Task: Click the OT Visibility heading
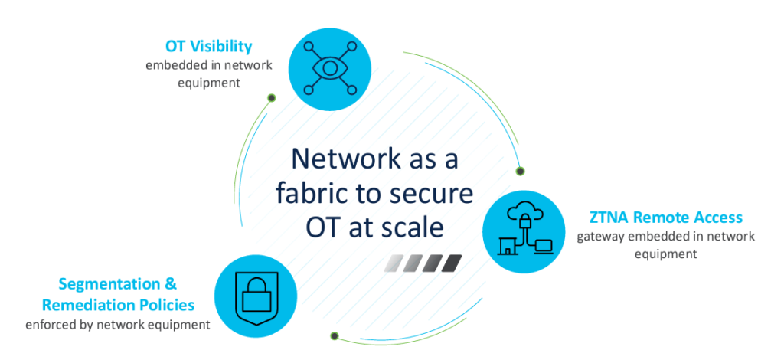click(x=209, y=47)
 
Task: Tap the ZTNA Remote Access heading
click(x=665, y=218)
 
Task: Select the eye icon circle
click(x=330, y=68)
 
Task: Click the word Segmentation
click(x=110, y=284)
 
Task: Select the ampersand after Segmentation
click(x=171, y=284)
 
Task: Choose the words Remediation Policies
click(x=118, y=305)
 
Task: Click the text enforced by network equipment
click(x=118, y=325)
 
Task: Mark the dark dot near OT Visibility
click(x=272, y=97)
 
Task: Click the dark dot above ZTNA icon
click(x=520, y=171)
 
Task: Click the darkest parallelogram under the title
click(x=452, y=263)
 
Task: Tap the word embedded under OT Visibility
click(x=179, y=65)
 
